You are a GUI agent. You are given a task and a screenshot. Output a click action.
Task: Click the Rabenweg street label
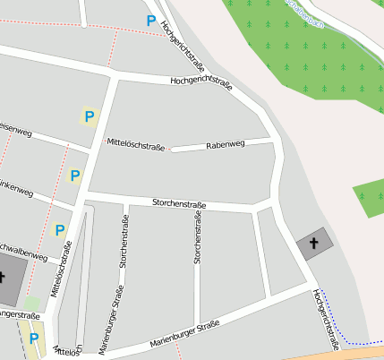225,144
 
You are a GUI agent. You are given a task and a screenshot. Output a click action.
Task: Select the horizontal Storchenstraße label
179,205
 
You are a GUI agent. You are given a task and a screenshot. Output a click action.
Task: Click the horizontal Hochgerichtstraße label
201,84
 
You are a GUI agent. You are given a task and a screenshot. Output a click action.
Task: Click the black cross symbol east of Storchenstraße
313,242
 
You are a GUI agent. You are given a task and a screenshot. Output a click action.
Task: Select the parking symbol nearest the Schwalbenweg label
60,230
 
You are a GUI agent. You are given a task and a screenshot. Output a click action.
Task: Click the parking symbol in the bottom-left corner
34,339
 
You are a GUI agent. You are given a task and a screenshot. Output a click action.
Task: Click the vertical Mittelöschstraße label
60,274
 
